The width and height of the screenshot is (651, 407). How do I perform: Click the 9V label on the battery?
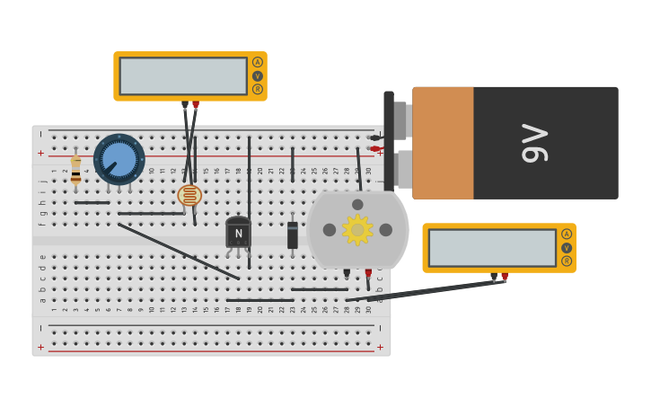[535, 143]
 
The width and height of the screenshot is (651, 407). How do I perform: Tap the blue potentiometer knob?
[119, 159]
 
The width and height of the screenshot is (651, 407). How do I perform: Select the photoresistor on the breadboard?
[189, 195]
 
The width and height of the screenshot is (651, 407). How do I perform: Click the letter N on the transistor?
[238, 234]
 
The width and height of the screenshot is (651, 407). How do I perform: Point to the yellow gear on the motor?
[357, 230]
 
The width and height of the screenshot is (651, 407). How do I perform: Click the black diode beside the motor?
[293, 234]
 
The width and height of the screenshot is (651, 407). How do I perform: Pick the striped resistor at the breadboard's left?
[76, 170]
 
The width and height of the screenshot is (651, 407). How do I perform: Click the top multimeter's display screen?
[183, 76]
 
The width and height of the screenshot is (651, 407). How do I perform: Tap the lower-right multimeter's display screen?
[492, 248]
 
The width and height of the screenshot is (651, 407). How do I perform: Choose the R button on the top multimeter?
[258, 89]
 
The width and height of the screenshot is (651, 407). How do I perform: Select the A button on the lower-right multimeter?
[567, 234]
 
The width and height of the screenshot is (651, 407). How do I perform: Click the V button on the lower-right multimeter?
[567, 248]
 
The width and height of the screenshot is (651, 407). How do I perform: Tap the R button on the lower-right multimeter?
[567, 261]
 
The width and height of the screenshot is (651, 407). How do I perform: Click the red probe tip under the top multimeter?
[196, 105]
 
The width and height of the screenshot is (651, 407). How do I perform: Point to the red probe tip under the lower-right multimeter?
[505, 277]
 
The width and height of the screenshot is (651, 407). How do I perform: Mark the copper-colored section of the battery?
[443, 143]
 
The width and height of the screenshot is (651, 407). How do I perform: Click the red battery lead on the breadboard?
[375, 149]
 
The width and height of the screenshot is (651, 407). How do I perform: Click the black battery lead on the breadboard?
[374, 137]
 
